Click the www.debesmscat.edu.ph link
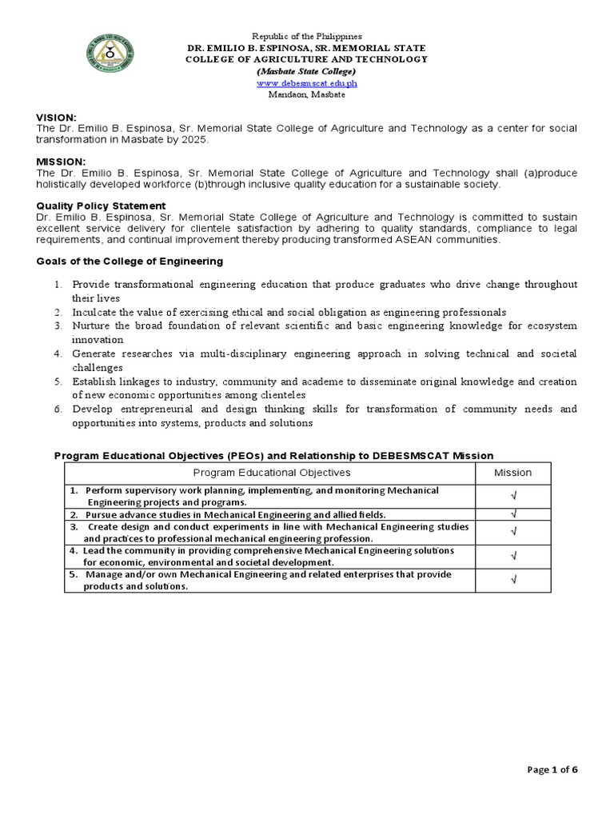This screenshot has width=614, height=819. [x=306, y=83]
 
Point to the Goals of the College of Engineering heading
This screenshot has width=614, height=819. [x=130, y=262]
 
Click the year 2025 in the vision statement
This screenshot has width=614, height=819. [x=198, y=139]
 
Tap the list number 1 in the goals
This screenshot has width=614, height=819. [x=58, y=285]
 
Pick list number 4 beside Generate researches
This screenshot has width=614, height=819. [x=58, y=354]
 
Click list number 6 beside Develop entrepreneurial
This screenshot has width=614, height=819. [x=58, y=409]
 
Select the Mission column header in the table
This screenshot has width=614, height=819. [x=512, y=473]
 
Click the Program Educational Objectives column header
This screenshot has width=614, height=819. [x=273, y=473]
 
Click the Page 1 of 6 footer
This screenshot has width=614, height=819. [x=552, y=769]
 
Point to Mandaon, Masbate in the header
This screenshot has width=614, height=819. [x=306, y=94]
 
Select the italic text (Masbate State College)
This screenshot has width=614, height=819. [x=306, y=71]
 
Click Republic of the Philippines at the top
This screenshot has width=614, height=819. [x=307, y=37]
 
